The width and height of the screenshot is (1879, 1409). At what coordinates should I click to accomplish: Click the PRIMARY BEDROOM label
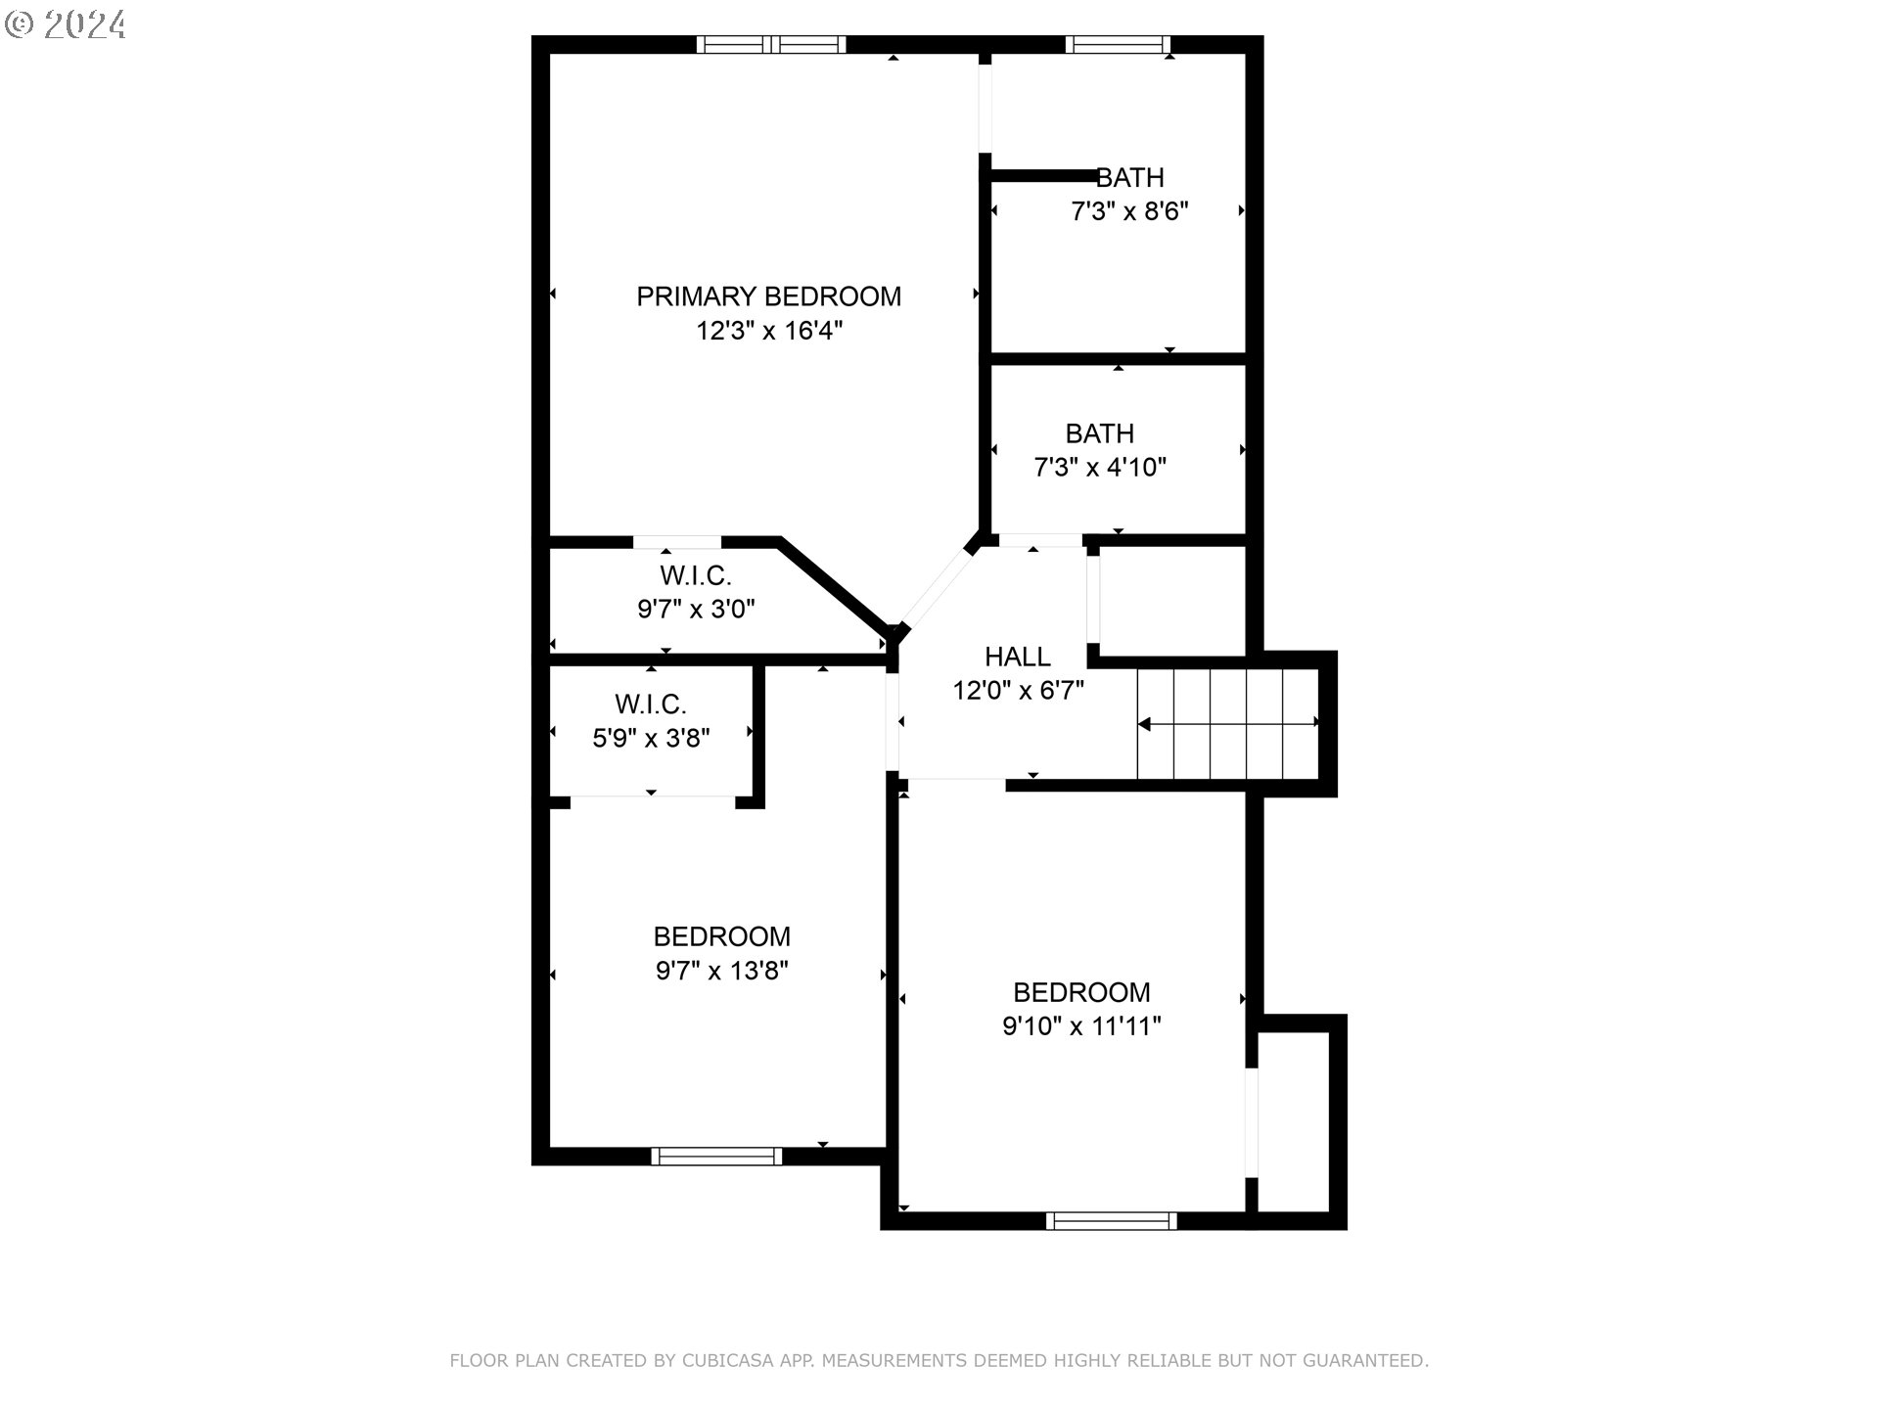click(768, 296)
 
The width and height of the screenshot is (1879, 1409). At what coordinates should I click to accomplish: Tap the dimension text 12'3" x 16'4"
click(768, 331)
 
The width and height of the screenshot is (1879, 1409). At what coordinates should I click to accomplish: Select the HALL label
click(1018, 657)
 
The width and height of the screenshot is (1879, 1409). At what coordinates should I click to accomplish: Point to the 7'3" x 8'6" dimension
click(1129, 211)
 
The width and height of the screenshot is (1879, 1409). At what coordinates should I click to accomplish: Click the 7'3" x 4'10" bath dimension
click(1100, 468)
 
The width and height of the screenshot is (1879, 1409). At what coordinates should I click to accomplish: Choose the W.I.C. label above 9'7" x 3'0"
click(695, 575)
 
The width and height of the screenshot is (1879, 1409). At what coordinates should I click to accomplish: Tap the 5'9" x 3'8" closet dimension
click(651, 738)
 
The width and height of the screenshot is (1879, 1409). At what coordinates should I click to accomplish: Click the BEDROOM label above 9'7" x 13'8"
click(721, 936)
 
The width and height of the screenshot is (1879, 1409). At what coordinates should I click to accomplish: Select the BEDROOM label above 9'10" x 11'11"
click(1081, 992)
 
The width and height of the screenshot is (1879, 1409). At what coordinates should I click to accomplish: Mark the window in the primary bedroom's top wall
click(771, 44)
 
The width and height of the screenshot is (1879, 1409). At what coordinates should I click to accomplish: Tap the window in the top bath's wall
click(1117, 44)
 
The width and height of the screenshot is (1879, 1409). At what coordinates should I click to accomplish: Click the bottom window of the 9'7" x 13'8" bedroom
click(716, 1156)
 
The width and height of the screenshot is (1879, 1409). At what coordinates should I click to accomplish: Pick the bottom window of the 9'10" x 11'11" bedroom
click(1111, 1220)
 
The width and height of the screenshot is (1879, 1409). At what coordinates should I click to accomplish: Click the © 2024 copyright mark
click(66, 23)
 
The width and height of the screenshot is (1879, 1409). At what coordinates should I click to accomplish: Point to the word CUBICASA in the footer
click(727, 1360)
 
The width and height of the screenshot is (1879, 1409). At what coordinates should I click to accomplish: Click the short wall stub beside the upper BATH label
click(1043, 176)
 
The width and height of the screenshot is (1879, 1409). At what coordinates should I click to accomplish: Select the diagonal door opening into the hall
click(937, 589)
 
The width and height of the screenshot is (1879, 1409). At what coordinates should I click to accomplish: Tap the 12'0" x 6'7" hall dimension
click(1018, 691)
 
